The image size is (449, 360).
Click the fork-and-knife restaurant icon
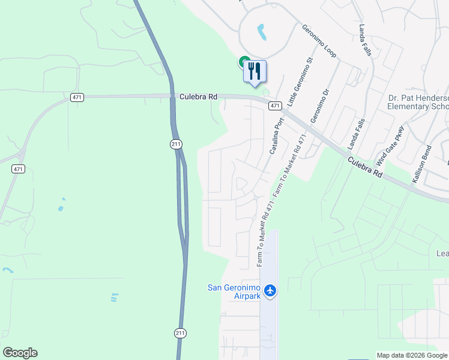(255, 71)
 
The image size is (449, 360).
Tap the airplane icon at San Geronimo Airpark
(270, 290)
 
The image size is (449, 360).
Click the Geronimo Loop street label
(319, 41)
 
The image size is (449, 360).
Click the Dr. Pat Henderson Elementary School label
(418, 102)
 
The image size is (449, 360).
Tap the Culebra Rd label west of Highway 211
(197, 96)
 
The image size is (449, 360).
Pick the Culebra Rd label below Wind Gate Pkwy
(364, 166)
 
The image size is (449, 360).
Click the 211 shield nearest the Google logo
(181, 332)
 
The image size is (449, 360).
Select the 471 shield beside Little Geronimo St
(274, 106)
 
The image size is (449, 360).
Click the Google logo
(20, 352)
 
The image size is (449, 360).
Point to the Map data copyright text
(411, 355)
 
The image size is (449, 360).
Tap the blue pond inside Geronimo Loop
(262, 31)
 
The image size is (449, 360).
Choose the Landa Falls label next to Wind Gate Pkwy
(356, 133)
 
